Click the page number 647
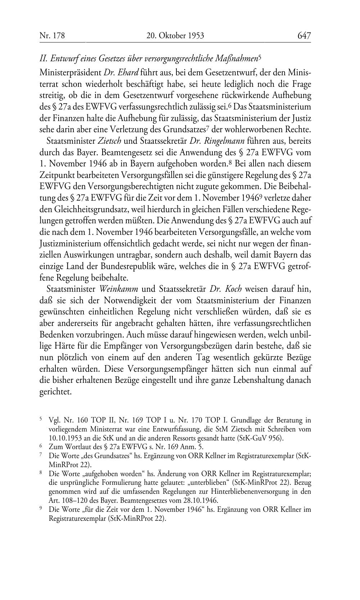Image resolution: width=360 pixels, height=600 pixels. pyautogui.click(x=304, y=36)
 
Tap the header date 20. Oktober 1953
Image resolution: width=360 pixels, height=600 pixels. pyautogui.click(x=175, y=36)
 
